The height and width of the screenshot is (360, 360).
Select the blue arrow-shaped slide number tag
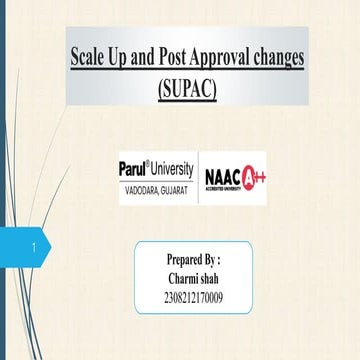pos(30,238)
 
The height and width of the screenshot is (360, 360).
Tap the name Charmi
pos(180,277)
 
